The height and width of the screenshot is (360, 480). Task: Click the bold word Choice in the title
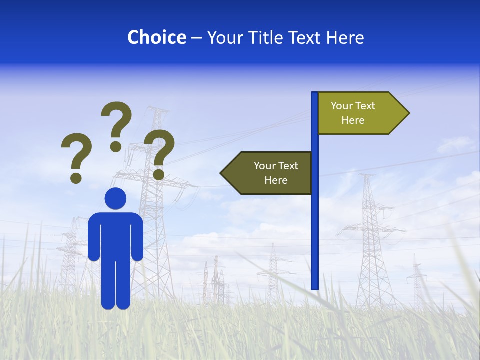point(156,37)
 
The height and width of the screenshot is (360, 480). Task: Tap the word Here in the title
point(345,37)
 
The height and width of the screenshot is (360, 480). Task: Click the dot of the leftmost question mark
point(76,178)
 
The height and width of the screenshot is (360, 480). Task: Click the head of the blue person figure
point(115,198)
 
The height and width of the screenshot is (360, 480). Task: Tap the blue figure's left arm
point(94,237)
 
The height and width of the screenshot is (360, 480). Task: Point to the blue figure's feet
point(115,303)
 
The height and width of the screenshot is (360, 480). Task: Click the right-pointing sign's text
point(353,113)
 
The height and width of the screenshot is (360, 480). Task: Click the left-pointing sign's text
point(276,173)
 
